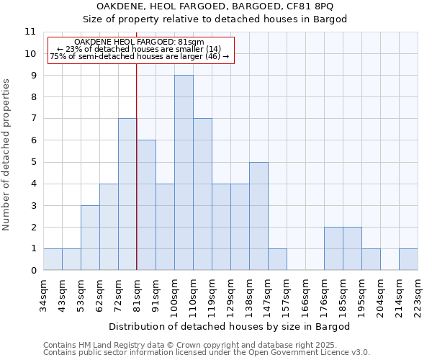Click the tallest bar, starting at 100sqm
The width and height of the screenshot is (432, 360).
tap(184, 173)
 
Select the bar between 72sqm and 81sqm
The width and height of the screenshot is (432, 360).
tap(127, 194)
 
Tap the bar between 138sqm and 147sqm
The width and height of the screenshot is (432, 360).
tap(258, 216)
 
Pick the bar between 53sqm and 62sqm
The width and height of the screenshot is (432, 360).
tap(90, 238)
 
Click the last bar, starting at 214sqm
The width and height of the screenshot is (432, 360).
tap(408, 259)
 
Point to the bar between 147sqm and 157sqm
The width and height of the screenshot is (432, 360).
tap(277, 259)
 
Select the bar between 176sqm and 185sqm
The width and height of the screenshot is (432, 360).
tap(333, 248)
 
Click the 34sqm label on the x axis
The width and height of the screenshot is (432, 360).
tap(44, 294)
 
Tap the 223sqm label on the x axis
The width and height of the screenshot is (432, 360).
tap(418, 297)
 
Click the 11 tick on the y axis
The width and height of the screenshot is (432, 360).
tap(30, 32)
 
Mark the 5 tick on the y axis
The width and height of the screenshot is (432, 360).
tap(32, 162)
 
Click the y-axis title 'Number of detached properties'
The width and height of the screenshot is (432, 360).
tap(7, 155)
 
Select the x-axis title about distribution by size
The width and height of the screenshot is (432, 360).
tap(230, 326)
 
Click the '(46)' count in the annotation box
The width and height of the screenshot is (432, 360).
tap(212, 56)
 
